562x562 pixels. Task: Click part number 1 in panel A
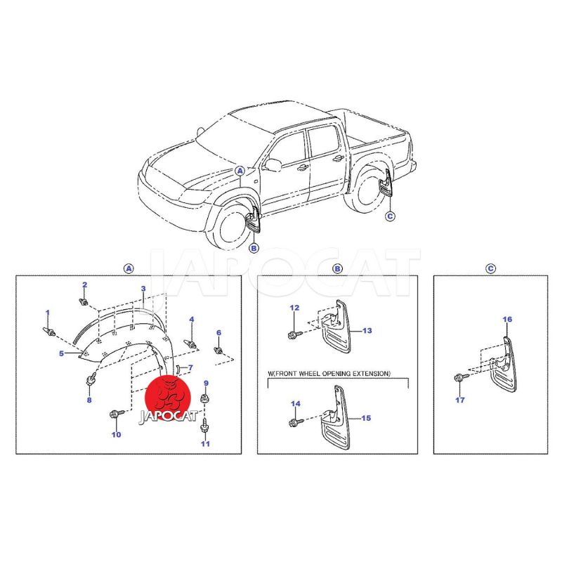(47, 313)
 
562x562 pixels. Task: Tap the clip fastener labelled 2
(84, 301)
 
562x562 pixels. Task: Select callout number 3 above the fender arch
(143, 289)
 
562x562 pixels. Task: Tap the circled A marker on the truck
(240, 171)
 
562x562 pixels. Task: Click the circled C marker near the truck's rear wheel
(391, 216)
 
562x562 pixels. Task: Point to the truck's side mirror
(273, 164)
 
